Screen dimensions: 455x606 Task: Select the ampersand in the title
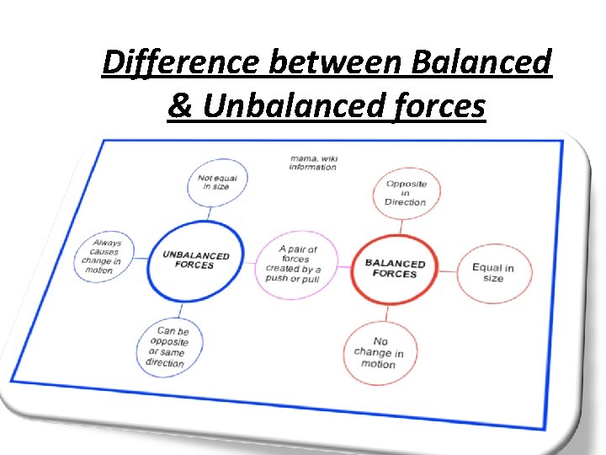178,106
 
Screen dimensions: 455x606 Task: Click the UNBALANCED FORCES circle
195,260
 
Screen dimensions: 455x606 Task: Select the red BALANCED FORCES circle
395,269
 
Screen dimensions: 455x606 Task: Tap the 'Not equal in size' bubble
216,181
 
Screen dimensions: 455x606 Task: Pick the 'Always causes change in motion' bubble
101,256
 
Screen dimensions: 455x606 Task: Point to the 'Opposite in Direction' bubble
406,193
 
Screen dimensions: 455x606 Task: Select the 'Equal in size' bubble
493,273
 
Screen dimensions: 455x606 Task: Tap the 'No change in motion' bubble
380,352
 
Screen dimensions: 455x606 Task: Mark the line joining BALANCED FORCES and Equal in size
445,270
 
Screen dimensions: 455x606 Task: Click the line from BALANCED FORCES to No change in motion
387,313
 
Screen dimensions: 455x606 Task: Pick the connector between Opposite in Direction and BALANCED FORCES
401,226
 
